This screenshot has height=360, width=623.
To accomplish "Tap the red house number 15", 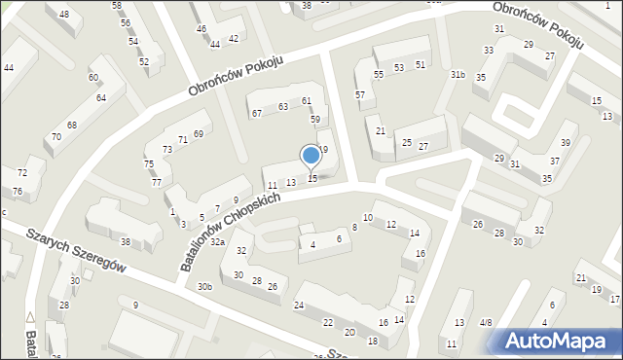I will [x=311, y=178].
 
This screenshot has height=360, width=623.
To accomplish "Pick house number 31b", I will [x=458, y=74].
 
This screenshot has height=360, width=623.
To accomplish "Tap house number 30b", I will [x=204, y=286].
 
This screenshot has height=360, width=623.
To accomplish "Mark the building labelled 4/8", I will [x=486, y=322].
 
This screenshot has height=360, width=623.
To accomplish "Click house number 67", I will [x=257, y=114].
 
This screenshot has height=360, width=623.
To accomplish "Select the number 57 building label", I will [x=360, y=94].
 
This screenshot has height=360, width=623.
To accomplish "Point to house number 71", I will [x=182, y=141].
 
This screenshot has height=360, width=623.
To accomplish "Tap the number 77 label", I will [x=156, y=182].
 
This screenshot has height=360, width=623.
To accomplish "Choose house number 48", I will [x=64, y=14].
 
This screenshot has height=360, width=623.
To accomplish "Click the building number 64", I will [x=101, y=98].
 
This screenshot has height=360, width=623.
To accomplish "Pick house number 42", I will [x=233, y=38].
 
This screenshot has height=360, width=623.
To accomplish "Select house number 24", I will [x=299, y=306].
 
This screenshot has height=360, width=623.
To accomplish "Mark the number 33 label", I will [x=489, y=50].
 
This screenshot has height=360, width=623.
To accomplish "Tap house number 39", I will [x=565, y=142].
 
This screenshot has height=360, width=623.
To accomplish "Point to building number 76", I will [x=17, y=191].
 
